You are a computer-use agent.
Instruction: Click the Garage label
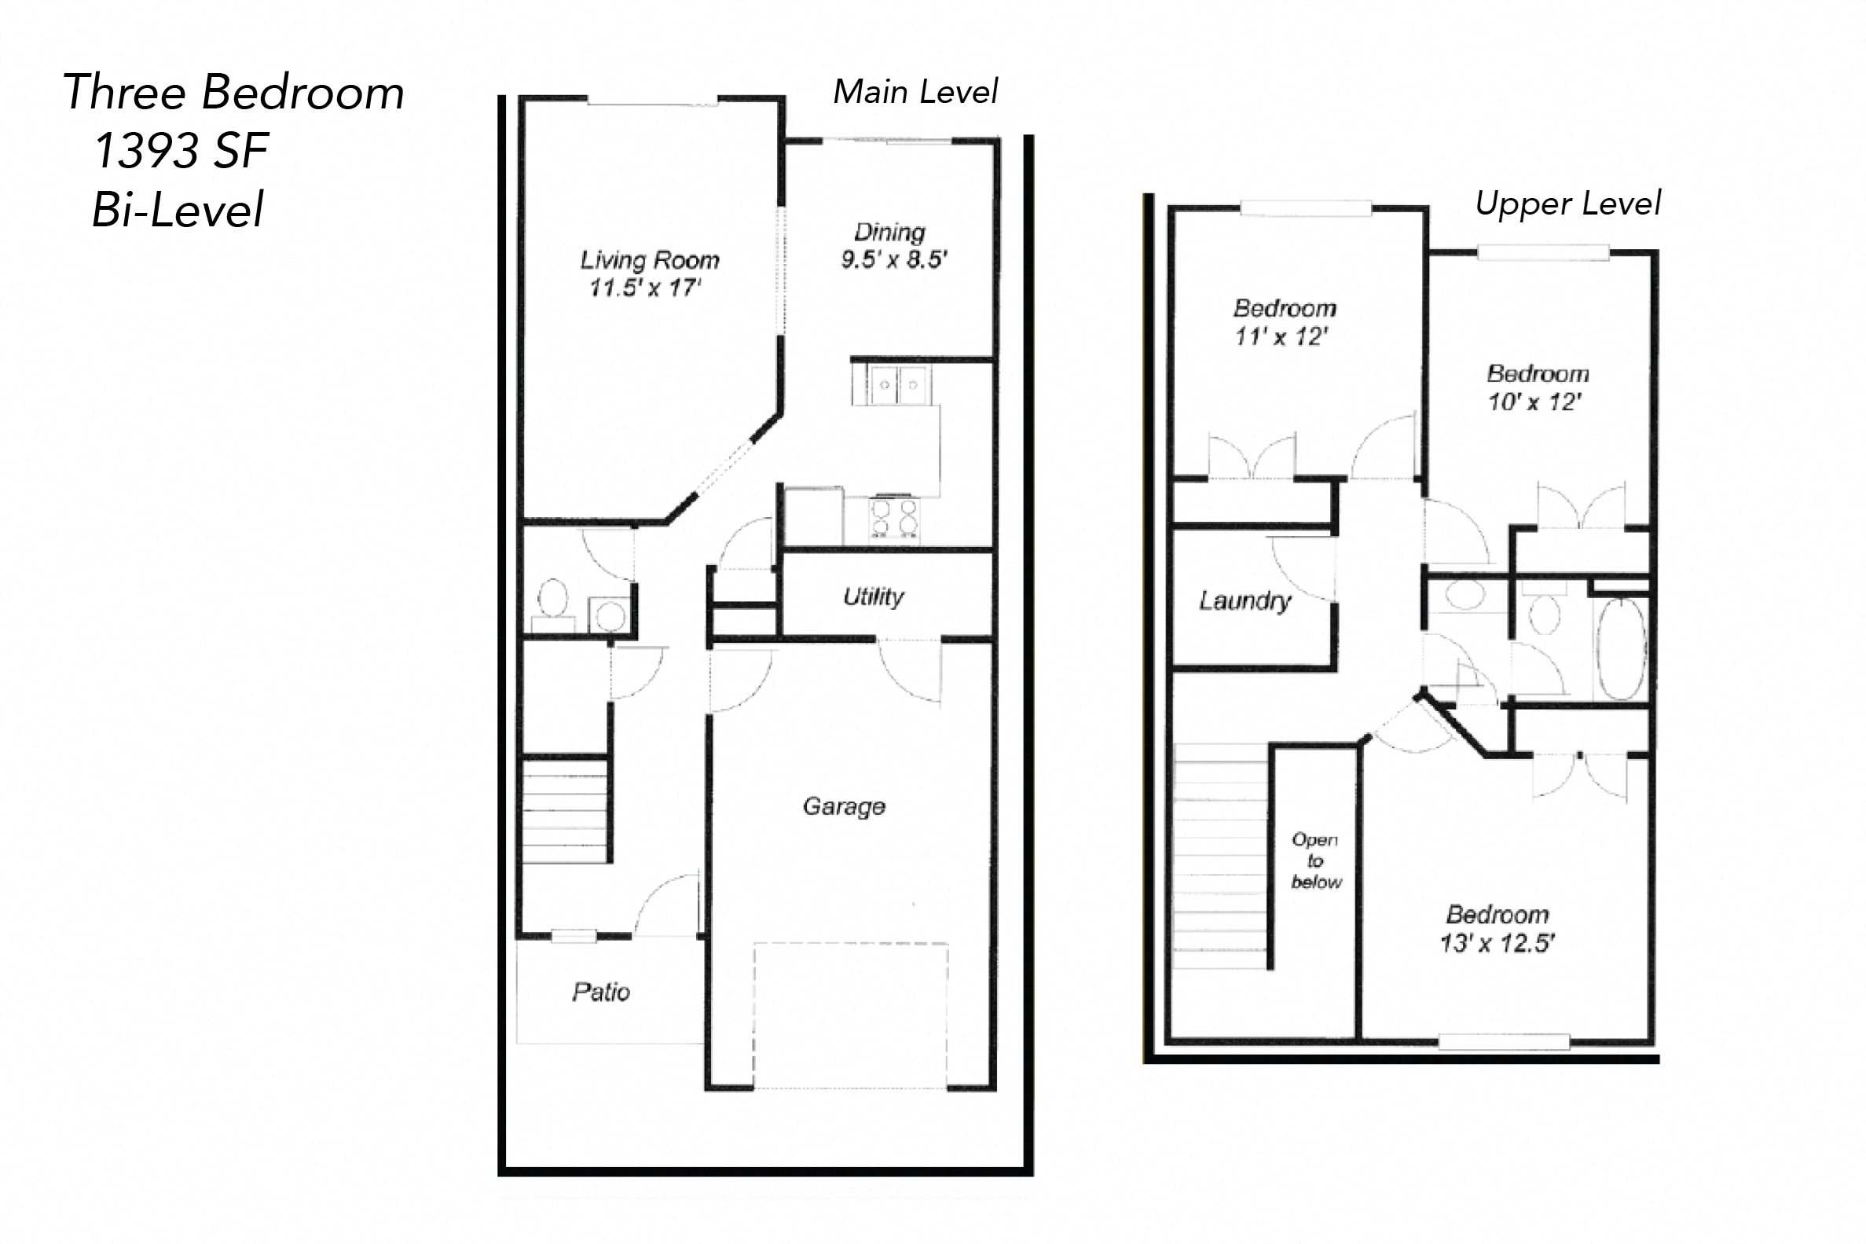(844, 806)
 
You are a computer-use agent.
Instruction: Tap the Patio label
(601, 992)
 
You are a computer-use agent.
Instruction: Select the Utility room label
(873, 596)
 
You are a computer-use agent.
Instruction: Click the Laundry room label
(1245, 600)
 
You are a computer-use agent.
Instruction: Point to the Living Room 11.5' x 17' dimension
(645, 287)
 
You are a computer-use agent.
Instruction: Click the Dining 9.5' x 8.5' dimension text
(894, 259)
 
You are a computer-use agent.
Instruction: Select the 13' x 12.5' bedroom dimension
(1498, 943)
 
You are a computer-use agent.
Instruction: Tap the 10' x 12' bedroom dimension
(1534, 402)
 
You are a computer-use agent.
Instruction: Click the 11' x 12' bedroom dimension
(1281, 336)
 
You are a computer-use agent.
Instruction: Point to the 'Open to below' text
(1316, 860)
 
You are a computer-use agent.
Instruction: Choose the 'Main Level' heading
(915, 92)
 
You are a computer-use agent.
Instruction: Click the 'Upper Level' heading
(1567, 204)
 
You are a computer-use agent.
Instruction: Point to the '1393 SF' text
(181, 151)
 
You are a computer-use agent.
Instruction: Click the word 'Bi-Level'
(178, 211)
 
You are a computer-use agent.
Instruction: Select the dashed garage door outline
(850, 1015)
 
